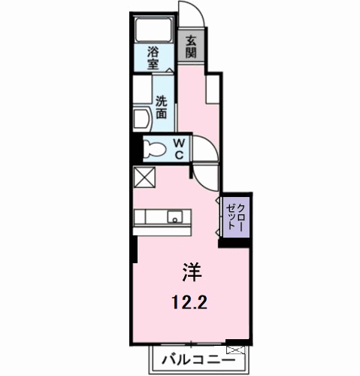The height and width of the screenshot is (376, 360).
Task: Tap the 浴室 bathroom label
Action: coord(153,59)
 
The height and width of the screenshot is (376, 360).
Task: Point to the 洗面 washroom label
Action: coord(162,108)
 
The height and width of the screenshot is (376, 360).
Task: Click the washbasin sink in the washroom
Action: coord(141,120)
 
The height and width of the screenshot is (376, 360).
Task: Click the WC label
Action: coord(180,147)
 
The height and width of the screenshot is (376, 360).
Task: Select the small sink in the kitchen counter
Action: coord(174,218)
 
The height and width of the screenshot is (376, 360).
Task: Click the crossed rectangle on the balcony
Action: coord(235,350)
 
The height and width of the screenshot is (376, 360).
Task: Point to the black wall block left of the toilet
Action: coord(135,147)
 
